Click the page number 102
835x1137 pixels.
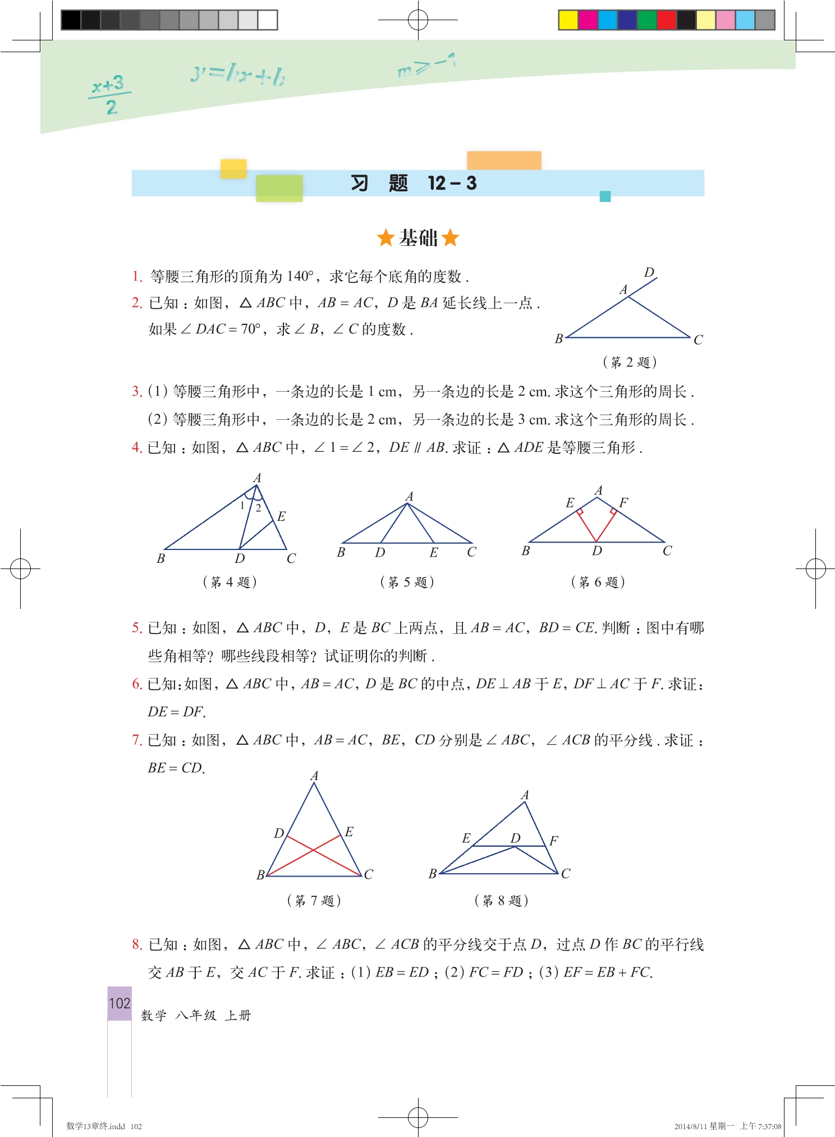[120, 1003]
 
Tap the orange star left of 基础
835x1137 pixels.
[386, 237]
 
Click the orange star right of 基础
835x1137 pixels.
[450, 237]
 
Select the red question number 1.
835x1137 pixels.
[137, 276]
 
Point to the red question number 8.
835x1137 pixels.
[137, 944]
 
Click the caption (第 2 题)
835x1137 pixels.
[630, 362]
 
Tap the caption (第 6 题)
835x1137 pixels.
[598, 582]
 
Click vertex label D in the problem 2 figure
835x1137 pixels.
[649, 273]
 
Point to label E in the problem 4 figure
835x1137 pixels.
[281, 516]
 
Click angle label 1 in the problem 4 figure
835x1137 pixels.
[242, 506]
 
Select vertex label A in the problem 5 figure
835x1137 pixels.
[410, 496]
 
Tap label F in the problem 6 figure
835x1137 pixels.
[623, 502]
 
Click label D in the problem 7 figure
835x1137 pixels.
[278, 833]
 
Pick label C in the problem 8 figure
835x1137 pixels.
[566, 873]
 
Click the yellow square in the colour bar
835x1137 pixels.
[568, 20]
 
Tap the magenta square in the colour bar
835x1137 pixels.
[588, 20]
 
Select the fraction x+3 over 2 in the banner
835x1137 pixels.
[109, 94]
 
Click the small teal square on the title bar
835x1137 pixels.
[605, 196]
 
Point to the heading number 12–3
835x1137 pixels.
[452, 183]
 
